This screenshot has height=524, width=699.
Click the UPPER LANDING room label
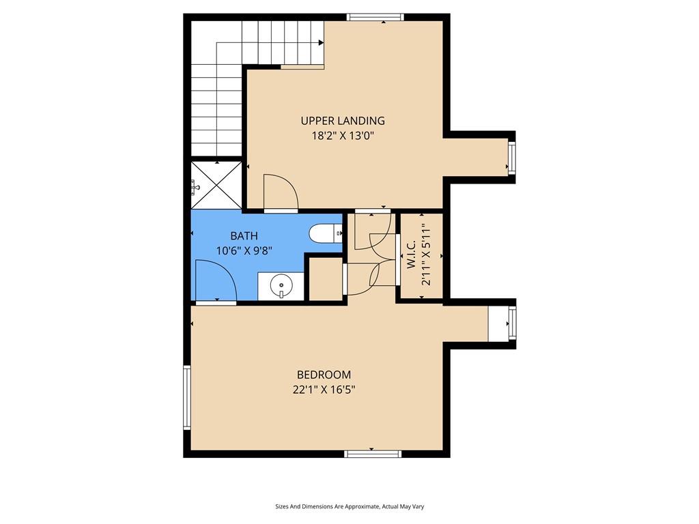(343, 121)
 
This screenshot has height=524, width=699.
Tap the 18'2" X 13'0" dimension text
(343, 136)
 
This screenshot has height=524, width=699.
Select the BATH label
(244, 235)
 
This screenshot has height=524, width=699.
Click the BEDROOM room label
(324, 375)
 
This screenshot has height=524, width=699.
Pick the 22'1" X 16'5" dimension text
(324, 390)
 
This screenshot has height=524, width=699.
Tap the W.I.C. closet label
(412, 255)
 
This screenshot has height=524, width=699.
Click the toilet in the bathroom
(326, 233)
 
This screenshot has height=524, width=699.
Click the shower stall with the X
(216, 184)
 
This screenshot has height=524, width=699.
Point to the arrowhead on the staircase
(321, 43)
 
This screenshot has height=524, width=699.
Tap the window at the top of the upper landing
(375, 17)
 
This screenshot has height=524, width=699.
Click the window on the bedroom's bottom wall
(373, 454)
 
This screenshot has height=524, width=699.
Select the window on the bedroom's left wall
(187, 398)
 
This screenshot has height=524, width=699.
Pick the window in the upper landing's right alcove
(512, 157)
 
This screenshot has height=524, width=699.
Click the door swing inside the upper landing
(281, 192)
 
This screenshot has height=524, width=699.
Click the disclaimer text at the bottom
(349, 507)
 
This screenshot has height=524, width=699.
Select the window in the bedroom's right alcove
(512, 324)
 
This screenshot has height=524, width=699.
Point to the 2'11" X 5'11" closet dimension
(427, 255)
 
